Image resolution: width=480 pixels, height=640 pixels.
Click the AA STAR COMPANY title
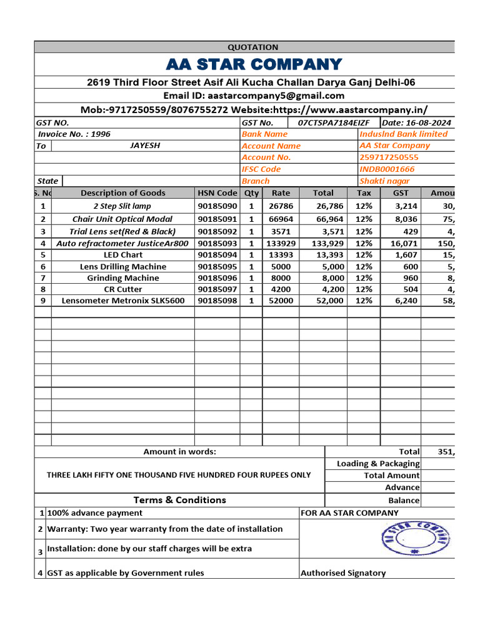coord(254,64)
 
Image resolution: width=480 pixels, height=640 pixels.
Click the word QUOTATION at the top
coord(252,47)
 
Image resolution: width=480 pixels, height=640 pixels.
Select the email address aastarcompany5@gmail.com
coord(276,96)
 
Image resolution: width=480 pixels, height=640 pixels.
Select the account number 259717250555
coord(389,157)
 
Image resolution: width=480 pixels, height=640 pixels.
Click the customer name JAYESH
coord(145,146)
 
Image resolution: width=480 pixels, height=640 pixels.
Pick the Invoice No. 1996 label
coord(74,134)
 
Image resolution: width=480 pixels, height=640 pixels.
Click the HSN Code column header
coord(217,193)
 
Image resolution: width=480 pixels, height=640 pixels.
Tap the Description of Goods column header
coord(123,193)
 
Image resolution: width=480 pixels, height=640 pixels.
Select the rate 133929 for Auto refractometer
coord(281,243)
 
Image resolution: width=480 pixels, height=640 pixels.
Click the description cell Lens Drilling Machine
coord(123,266)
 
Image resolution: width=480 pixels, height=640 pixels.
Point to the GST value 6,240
coord(400,301)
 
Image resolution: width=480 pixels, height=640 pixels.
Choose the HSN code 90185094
coord(217,255)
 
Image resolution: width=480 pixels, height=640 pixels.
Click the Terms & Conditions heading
coord(179,500)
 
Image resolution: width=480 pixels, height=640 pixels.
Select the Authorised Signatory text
coord(343,573)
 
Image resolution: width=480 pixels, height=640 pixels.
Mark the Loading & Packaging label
coord(378,464)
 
